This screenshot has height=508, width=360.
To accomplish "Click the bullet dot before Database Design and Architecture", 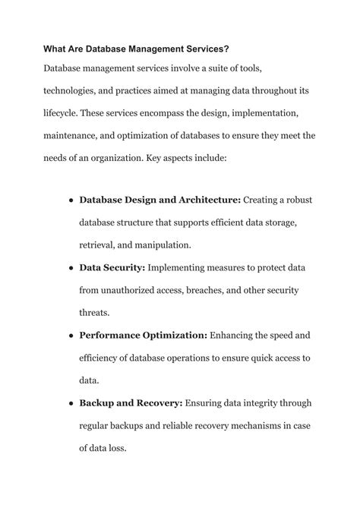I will click(70, 200).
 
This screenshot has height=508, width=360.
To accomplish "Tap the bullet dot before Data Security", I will click(70, 267).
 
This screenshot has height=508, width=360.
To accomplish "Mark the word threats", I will click(95, 311).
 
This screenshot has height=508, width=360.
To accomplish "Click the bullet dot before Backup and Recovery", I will click(70, 402).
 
